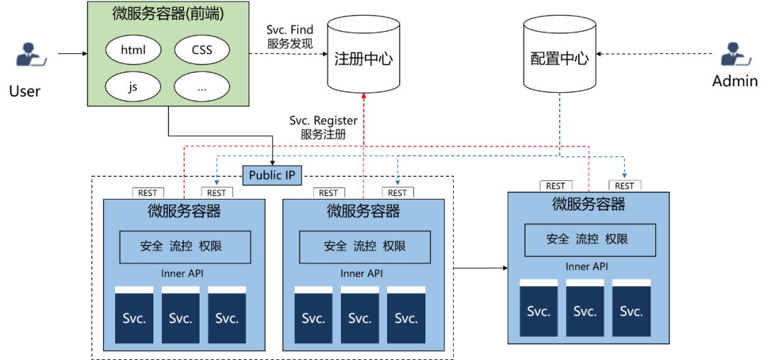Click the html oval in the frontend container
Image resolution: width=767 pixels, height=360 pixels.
click(x=133, y=51)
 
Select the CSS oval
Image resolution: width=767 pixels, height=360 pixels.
click(x=202, y=51)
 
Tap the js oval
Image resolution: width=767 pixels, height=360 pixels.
click(x=133, y=88)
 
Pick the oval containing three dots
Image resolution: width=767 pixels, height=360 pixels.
click(x=202, y=88)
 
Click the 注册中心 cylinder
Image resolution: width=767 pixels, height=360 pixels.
click(x=363, y=57)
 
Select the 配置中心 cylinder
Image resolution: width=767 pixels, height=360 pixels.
click(x=560, y=57)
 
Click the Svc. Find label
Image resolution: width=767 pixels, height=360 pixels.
click(x=290, y=30)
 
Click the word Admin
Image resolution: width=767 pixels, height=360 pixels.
click(x=735, y=81)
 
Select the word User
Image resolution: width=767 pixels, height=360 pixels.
click(x=25, y=91)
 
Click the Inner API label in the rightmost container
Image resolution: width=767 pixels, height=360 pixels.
click(x=587, y=267)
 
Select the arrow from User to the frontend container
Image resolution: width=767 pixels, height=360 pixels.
click(x=71, y=53)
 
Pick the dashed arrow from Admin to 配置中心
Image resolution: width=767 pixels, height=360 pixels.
click(x=653, y=53)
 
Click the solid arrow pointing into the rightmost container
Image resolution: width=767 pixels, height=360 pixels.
click(x=480, y=268)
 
